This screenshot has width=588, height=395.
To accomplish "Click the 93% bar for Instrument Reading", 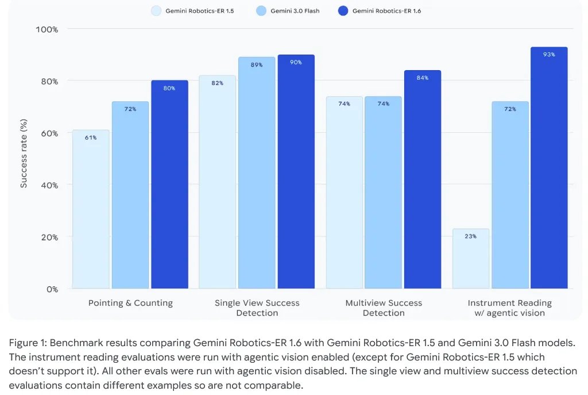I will (x=549, y=172).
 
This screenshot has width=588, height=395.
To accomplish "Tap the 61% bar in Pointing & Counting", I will (x=91, y=213).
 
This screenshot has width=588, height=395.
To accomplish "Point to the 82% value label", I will (x=217, y=83).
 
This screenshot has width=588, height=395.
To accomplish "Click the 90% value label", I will (x=296, y=62).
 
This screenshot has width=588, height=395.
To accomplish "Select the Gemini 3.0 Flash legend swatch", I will (x=261, y=10).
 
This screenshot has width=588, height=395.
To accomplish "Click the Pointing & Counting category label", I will (x=130, y=303).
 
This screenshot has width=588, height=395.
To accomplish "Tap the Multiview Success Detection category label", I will (x=384, y=308).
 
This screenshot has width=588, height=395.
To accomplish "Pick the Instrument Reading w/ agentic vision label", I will (x=509, y=308).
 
